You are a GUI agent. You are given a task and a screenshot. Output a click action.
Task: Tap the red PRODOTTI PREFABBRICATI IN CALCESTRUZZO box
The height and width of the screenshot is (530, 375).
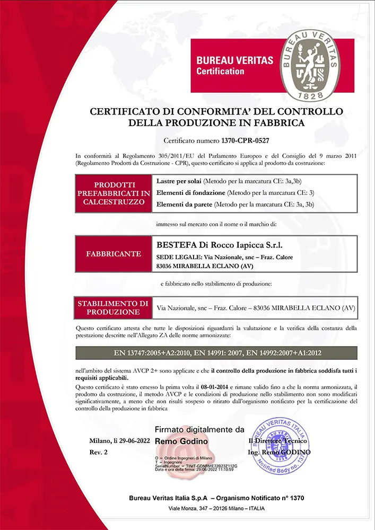(x=113, y=193)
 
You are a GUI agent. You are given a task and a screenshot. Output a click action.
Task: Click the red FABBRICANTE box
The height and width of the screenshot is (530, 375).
(x=113, y=254)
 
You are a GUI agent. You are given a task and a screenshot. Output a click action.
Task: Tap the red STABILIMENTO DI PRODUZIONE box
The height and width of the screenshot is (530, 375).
(x=113, y=307)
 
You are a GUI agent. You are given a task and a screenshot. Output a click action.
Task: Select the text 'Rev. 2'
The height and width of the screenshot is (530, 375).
(x=98, y=452)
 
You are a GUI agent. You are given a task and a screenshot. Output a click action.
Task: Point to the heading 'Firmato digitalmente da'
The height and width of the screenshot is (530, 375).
(x=199, y=429)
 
